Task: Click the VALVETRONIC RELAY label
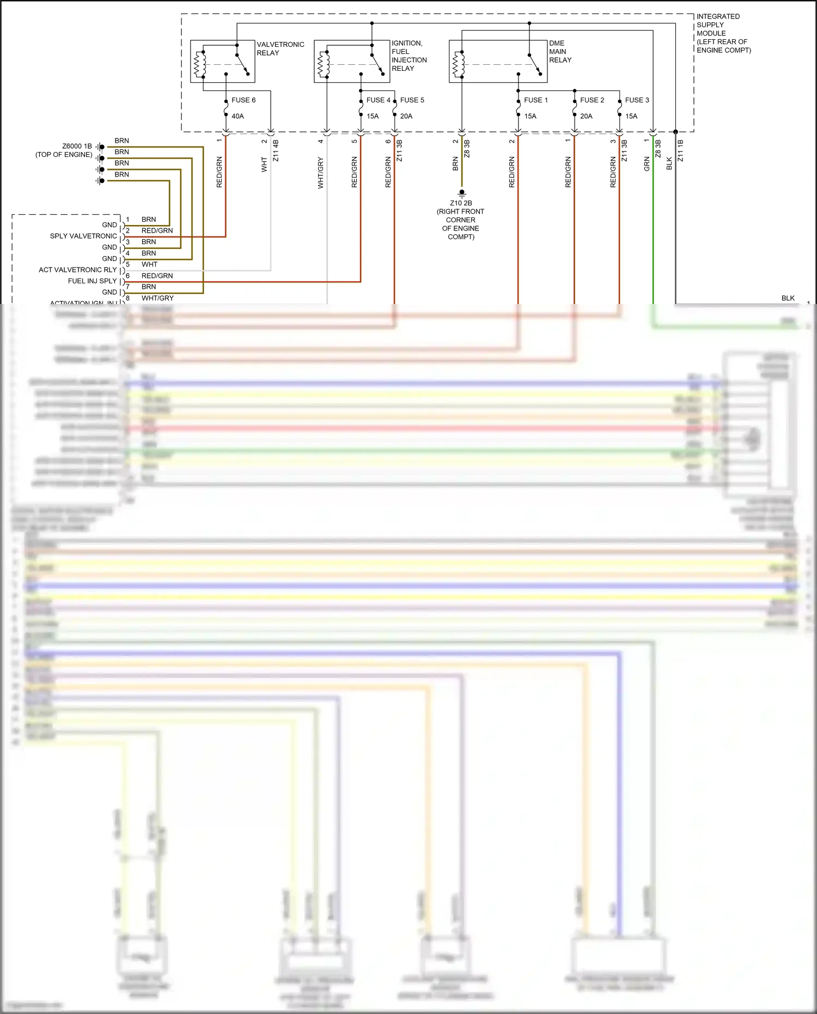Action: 280,48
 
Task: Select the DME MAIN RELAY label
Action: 560,51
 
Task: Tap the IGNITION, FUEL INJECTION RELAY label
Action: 409,56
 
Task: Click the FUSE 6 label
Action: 243,100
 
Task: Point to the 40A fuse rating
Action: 237,116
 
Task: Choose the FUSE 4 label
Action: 378,100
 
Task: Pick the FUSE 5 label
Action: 412,100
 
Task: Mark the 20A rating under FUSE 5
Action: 406,116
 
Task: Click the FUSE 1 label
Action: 536,100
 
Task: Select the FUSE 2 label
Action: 592,100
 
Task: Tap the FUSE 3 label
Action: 637,100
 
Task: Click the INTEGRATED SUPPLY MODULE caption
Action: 723,33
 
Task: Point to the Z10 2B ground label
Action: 461,203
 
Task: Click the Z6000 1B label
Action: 77,146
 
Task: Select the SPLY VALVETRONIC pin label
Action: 83,236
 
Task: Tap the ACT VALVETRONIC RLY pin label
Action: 78,270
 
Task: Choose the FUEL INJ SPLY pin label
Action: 93,281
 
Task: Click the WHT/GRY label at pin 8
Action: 157,298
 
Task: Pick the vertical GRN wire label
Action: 647,164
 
